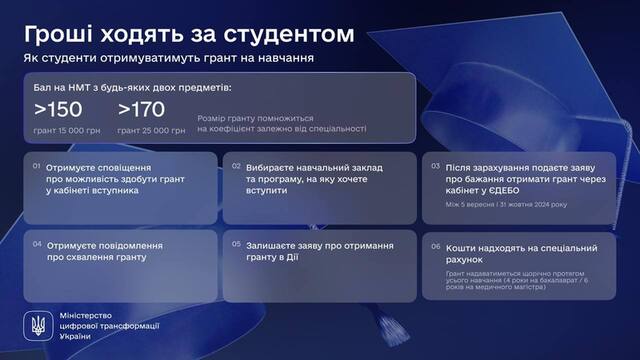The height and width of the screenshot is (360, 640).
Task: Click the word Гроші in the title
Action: pos(57,34)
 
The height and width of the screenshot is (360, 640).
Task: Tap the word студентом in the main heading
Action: pos(292,34)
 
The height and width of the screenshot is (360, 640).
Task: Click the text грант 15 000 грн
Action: pos(67,129)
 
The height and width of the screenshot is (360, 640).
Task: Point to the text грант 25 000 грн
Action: pos(151,129)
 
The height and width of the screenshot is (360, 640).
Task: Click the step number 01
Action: pos(38,167)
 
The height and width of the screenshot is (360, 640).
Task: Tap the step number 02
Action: pos(236,167)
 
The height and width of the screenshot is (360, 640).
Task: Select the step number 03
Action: pos(434,167)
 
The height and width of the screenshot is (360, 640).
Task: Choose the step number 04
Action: pos(38,243)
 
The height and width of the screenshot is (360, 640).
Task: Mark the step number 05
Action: pos(236,243)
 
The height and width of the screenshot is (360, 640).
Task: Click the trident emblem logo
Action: pos(37,326)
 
